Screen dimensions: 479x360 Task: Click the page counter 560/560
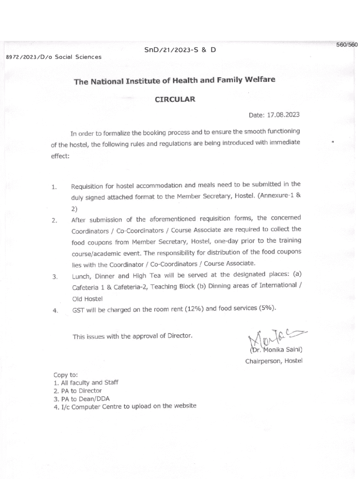pos(346,44)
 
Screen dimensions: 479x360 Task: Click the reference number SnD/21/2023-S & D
pos(180,50)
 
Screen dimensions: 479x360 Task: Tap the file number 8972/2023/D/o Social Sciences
pos(53,57)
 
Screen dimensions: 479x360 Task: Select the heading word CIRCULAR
pos(175,99)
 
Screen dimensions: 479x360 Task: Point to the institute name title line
pos(174,80)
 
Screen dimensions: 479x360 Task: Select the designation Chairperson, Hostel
pos(274,361)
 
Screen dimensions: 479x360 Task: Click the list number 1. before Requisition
pos(55,188)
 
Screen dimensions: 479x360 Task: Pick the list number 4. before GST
pos(55,310)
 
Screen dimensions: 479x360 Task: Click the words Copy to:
pos(66,375)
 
